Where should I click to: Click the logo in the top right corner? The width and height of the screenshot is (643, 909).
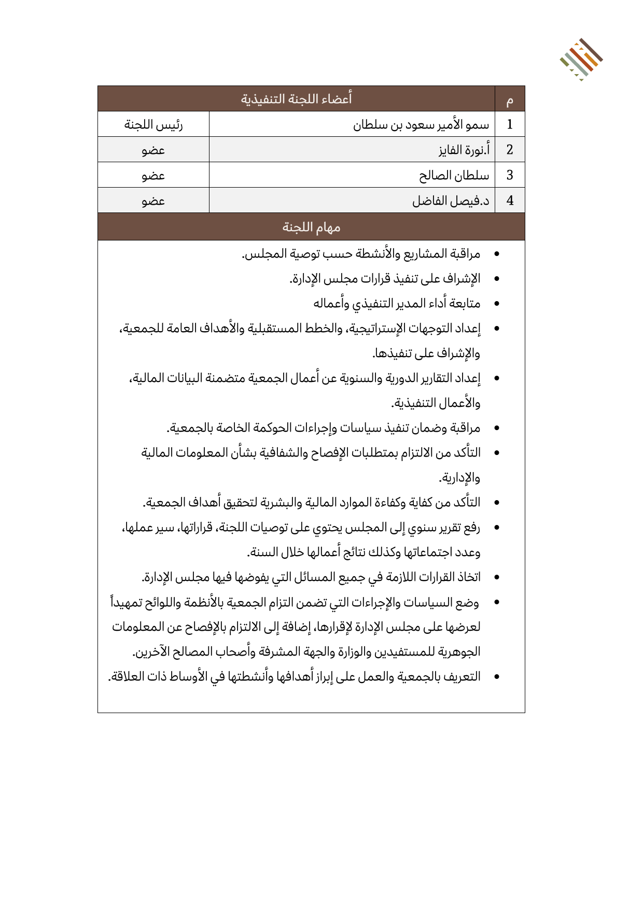(581, 59)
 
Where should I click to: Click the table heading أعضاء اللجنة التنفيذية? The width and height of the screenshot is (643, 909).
(296, 98)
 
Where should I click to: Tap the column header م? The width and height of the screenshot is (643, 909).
(510, 100)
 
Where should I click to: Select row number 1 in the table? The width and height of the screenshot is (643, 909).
(510, 124)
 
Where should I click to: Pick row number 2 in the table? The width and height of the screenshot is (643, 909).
(510, 150)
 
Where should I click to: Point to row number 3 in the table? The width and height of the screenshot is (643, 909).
(510, 175)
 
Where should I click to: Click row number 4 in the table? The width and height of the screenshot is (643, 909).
(510, 201)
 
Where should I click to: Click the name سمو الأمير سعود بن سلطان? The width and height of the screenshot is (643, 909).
(421, 125)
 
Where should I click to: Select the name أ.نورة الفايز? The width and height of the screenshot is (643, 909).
(464, 150)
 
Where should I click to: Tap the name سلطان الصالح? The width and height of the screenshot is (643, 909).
(454, 176)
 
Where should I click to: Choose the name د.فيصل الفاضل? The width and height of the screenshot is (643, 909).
(451, 201)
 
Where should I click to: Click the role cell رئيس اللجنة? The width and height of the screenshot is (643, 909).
(153, 125)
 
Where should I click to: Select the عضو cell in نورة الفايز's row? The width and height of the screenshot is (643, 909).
(153, 150)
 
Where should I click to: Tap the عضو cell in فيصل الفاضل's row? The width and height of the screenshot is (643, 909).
(153, 201)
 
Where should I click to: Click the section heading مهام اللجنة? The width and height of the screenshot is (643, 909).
(311, 227)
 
